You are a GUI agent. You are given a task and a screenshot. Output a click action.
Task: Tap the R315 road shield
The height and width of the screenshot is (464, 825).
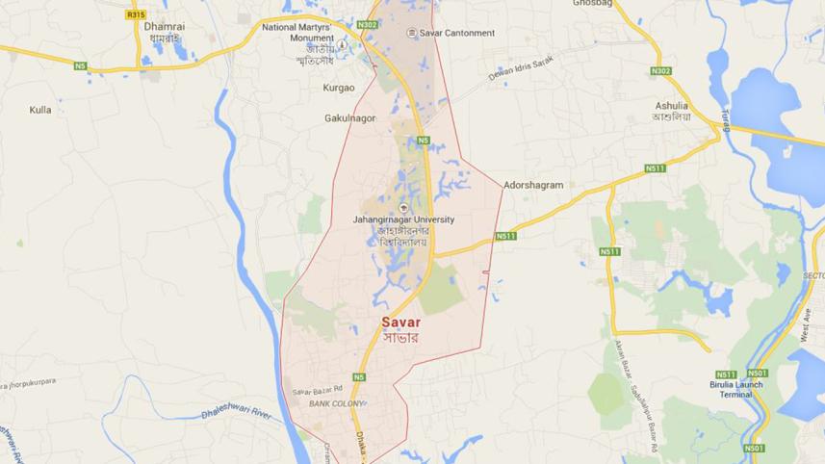point(135,15)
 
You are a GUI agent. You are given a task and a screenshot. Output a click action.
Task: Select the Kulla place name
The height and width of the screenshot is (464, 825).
point(40,110)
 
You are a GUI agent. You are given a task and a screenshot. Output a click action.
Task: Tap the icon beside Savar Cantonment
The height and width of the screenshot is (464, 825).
point(412,33)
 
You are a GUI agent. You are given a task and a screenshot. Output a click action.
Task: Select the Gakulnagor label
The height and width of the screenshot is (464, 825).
point(350,118)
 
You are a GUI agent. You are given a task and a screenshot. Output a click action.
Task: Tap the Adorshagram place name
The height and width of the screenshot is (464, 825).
point(533,185)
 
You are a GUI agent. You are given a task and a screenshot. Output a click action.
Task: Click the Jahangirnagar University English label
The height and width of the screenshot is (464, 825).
point(403,219)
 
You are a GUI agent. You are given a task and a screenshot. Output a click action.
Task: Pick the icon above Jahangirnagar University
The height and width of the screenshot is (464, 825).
point(403,206)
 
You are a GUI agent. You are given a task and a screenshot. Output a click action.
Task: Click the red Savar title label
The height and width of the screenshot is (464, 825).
point(400,322)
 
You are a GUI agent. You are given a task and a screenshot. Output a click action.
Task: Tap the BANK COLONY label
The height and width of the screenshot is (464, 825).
point(336,403)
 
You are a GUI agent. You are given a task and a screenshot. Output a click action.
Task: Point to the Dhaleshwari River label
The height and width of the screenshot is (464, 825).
point(237,411)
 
